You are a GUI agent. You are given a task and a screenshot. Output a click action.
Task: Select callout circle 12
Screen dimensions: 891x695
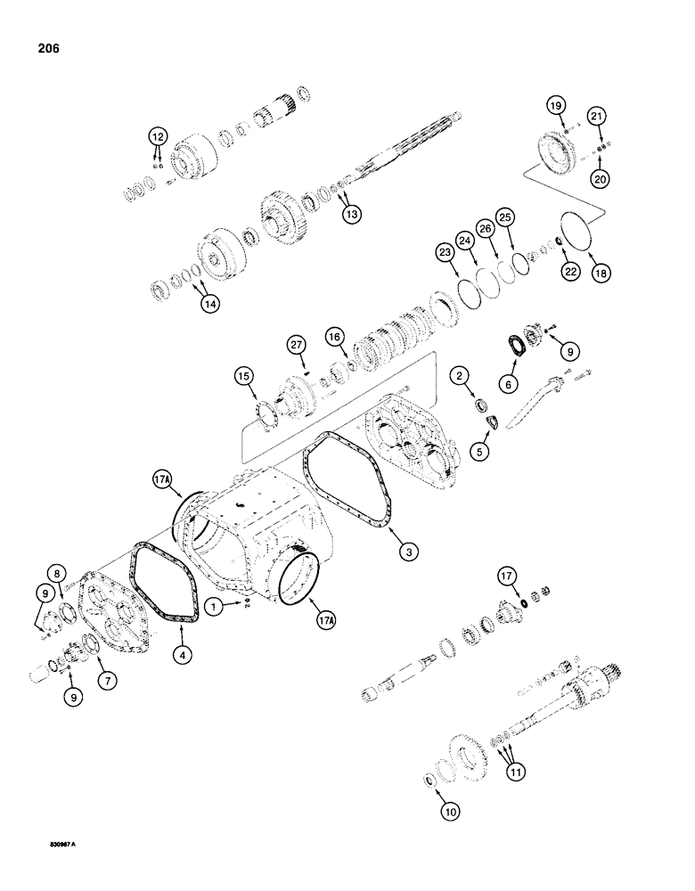coord(157,136)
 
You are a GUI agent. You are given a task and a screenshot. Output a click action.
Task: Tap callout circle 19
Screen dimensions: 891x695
coord(556,107)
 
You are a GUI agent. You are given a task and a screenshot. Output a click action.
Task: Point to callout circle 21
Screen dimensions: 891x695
coord(597,115)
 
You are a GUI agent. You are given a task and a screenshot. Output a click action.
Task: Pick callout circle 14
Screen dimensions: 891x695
coord(208,303)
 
